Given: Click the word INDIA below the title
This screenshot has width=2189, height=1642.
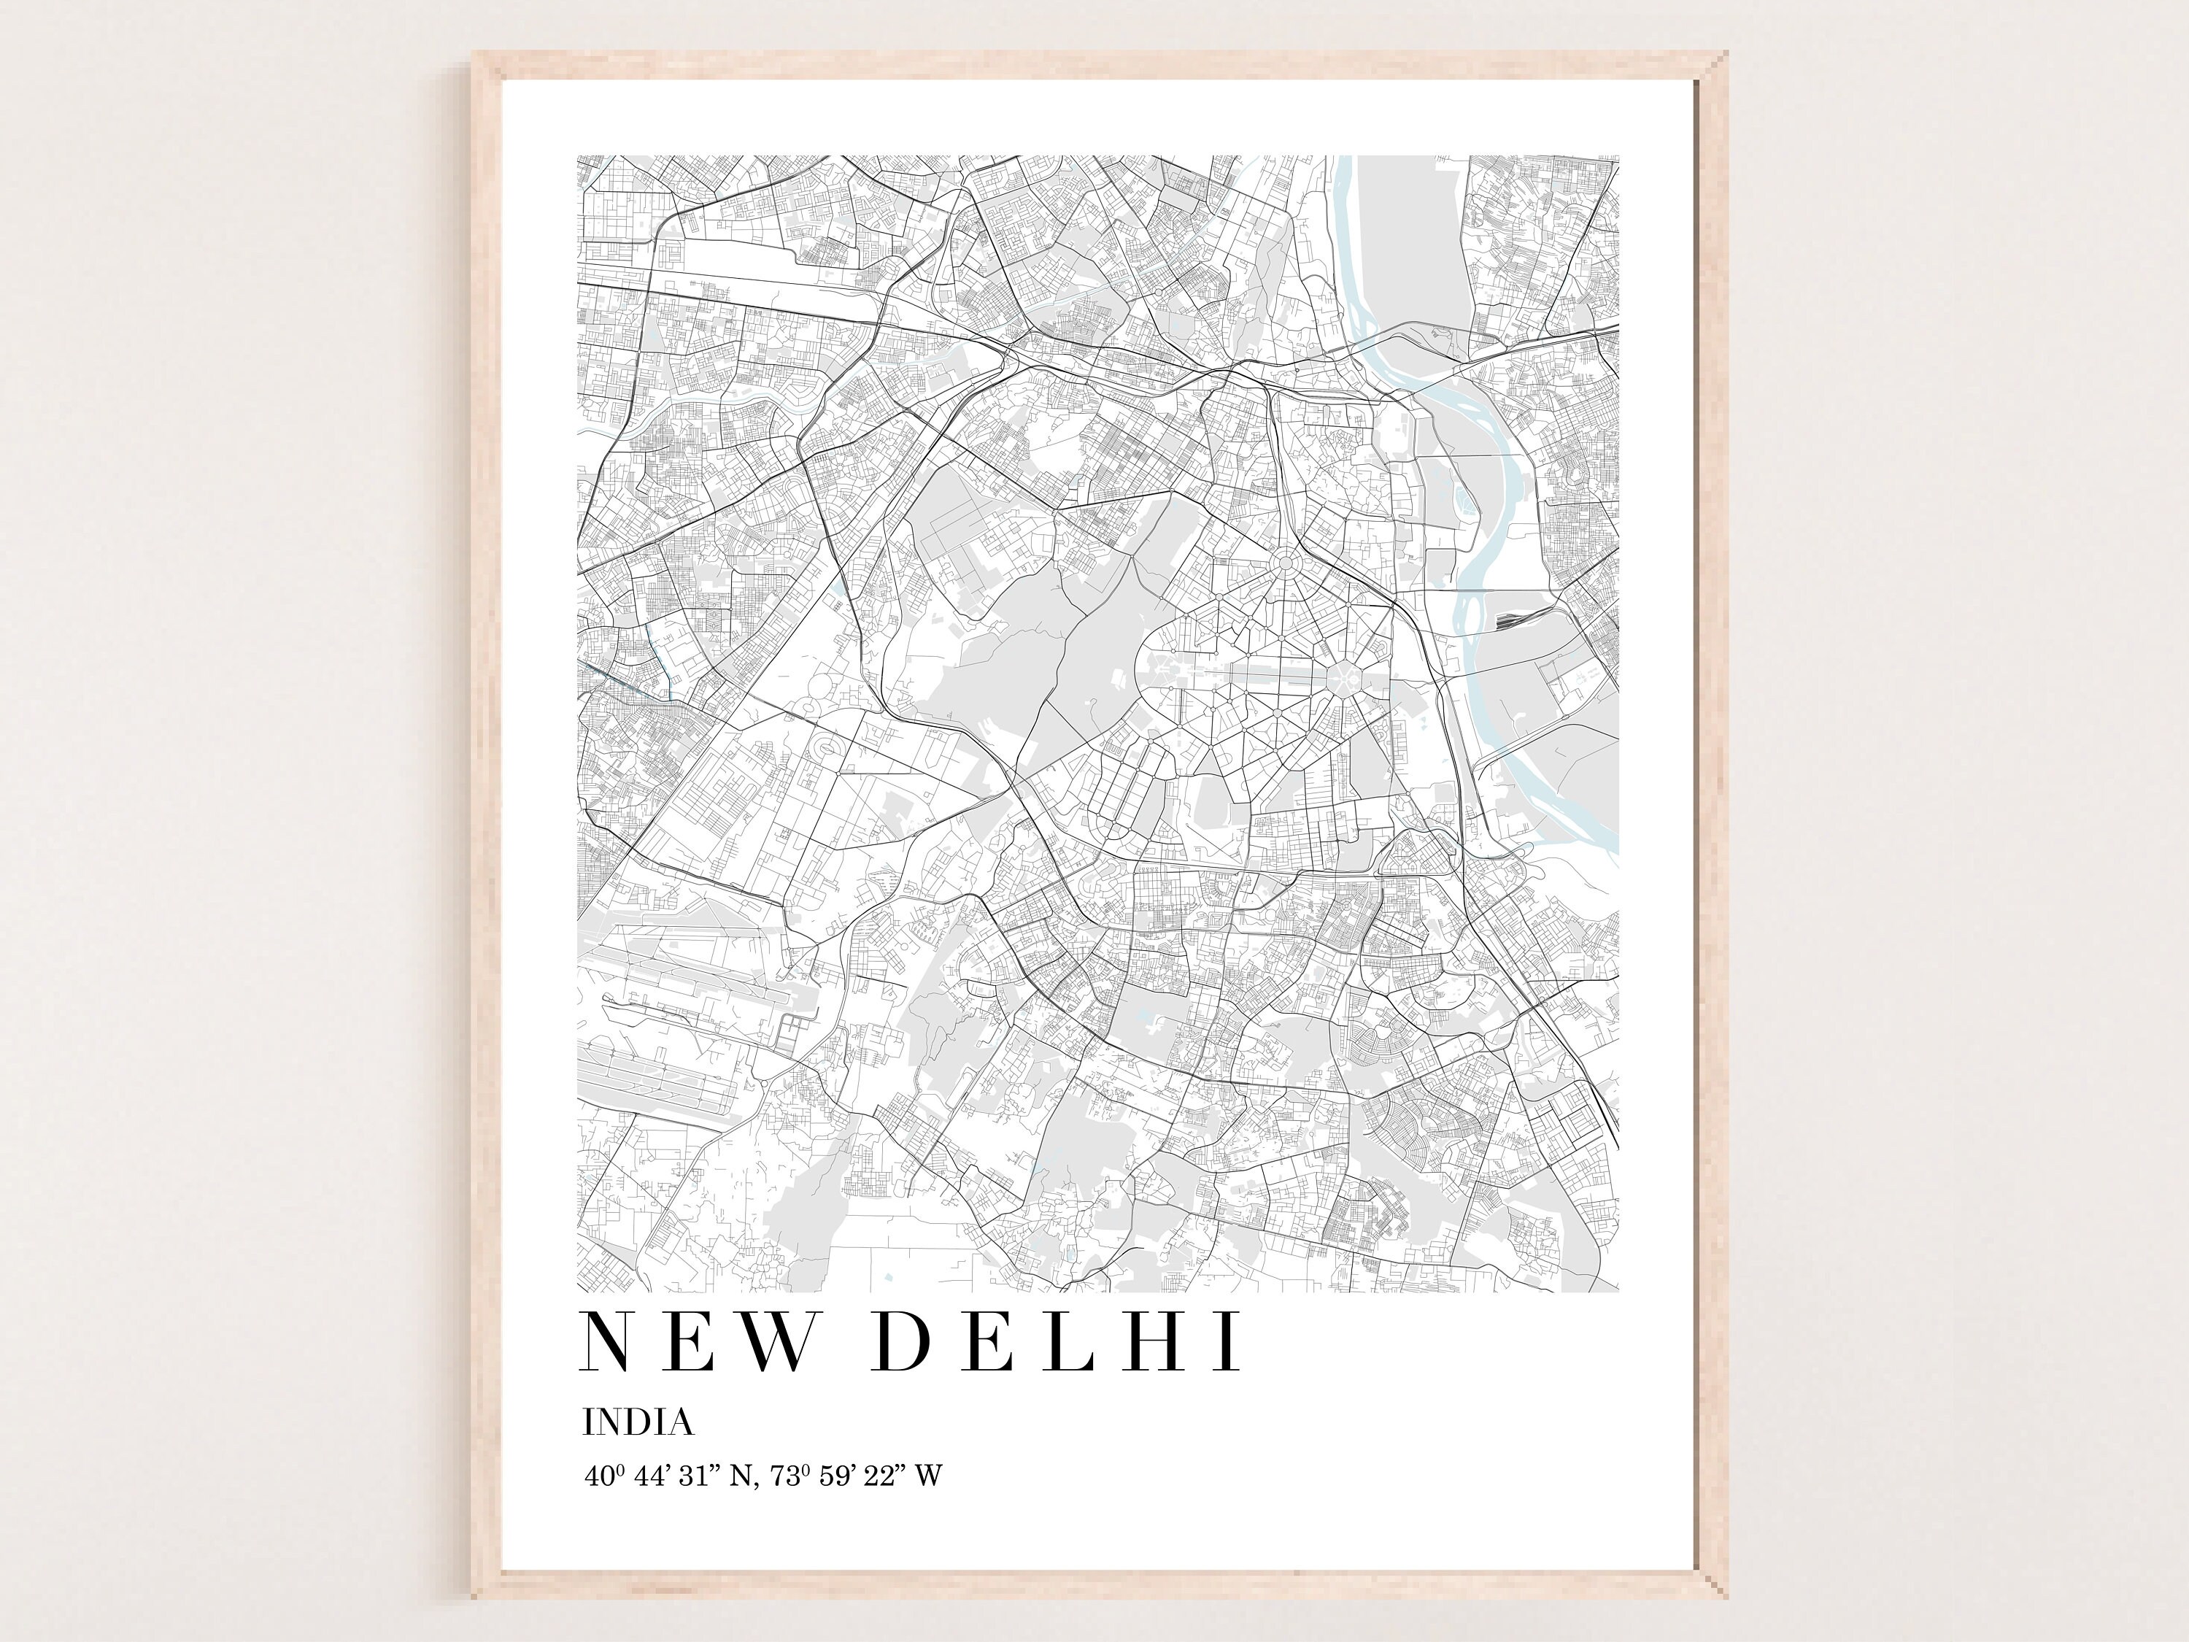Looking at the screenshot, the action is [638, 1422].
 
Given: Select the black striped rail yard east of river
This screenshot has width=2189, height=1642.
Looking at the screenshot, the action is [1508, 620].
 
